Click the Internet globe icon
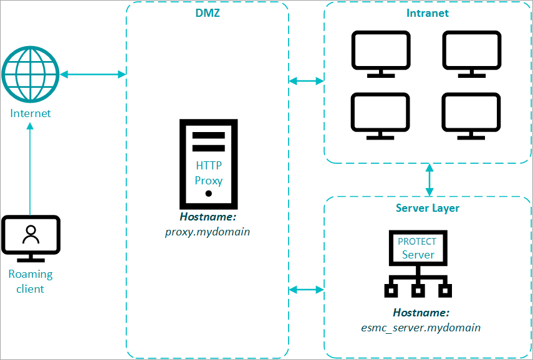coord(30,74)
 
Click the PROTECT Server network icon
coord(418,264)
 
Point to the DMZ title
coord(208,14)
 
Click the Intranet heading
coord(428,13)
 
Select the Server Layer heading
coord(428,208)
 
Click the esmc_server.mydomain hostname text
coord(421,327)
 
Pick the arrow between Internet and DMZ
coord(93,74)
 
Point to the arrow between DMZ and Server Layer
coord(307,289)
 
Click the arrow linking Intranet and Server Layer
coord(429,179)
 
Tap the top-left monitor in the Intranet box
coord(381,54)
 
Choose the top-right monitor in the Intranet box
coord(472,54)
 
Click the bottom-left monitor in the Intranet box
coord(381,116)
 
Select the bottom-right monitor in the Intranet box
coord(472,116)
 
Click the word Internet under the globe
coord(31,113)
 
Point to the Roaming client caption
coord(31,282)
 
